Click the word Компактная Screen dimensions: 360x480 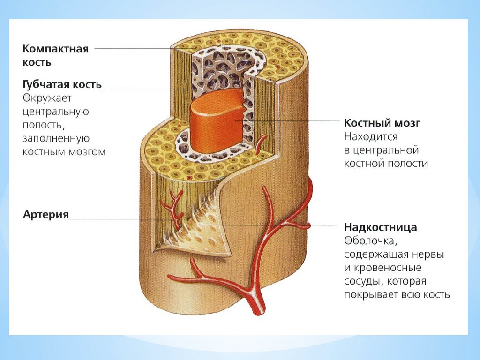[x=56, y=49]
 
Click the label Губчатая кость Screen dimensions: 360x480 [x=62, y=84]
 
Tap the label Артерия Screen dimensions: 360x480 [x=46, y=214]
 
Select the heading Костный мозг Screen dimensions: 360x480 [x=382, y=123]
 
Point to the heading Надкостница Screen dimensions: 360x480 [x=381, y=227]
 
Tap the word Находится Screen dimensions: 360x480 [x=371, y=137]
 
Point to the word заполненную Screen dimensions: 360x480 [x=56, y=139]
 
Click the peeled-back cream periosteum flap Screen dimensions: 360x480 [x=202, y=230]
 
